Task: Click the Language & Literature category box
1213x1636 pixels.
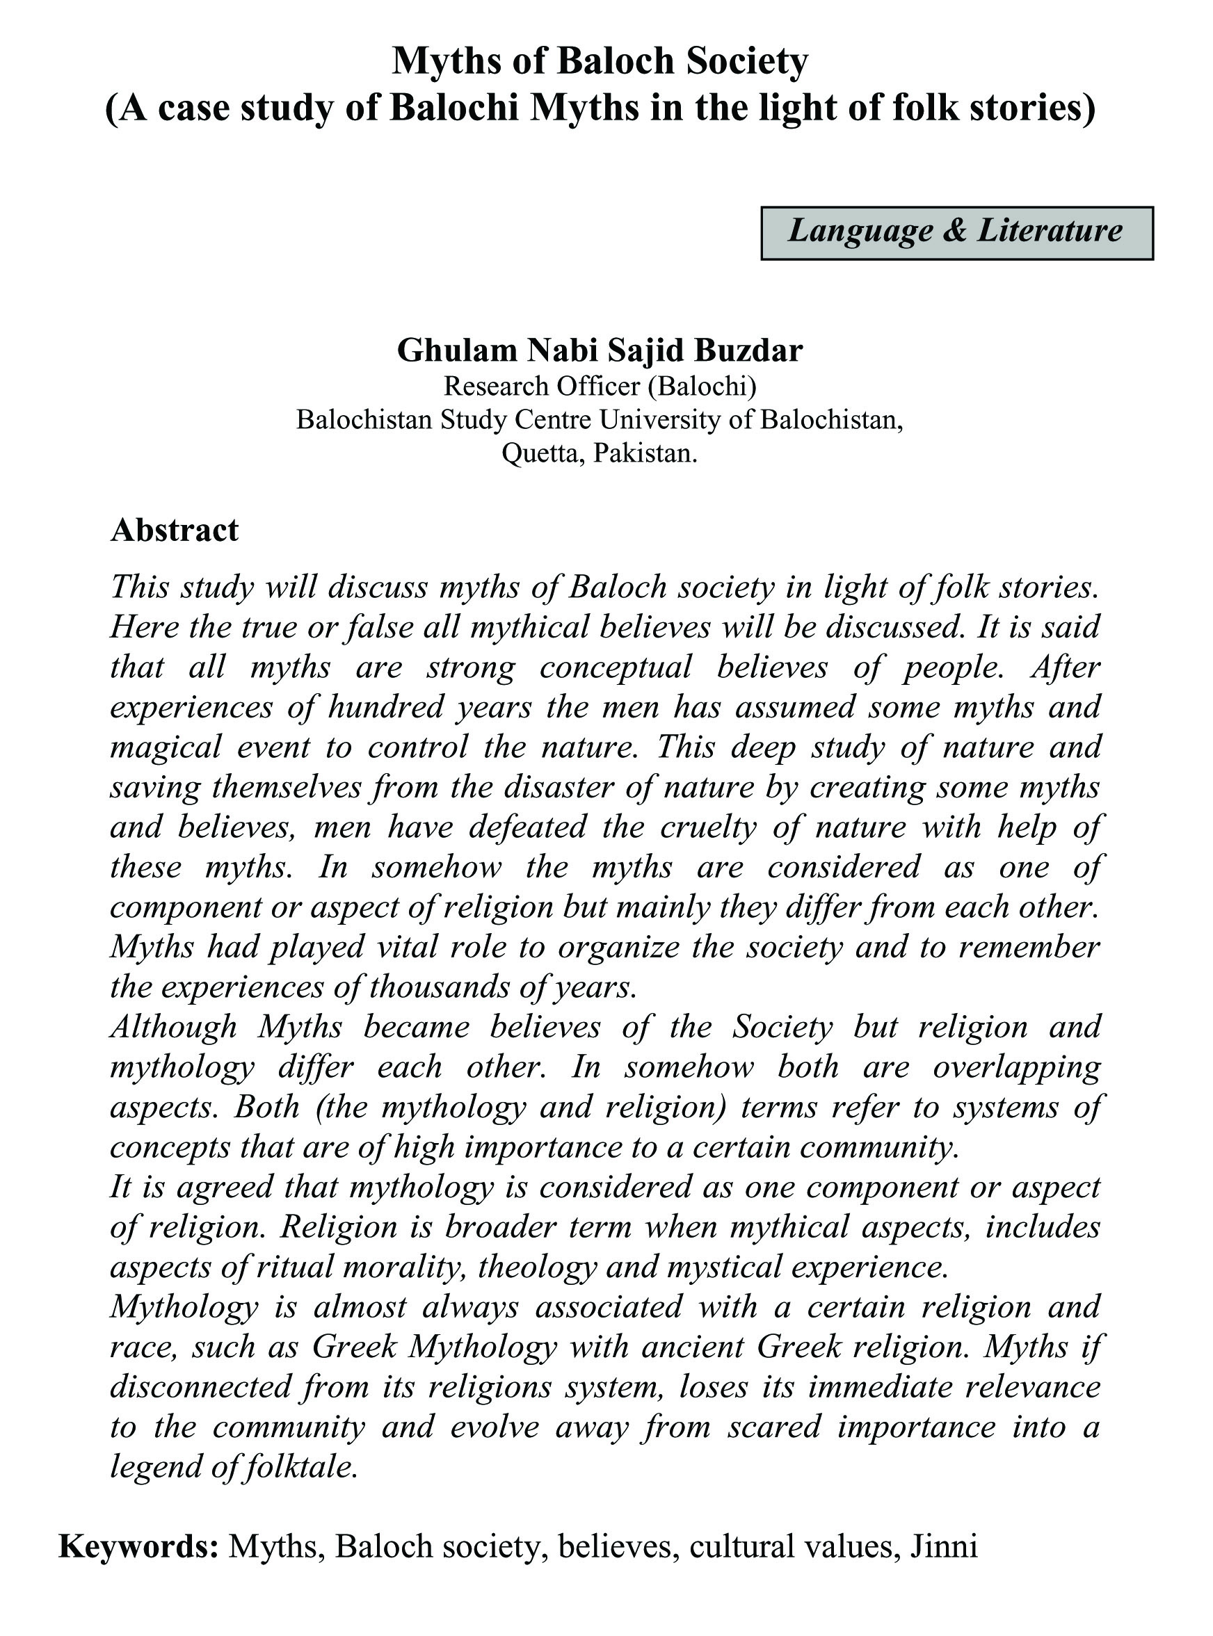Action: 956,233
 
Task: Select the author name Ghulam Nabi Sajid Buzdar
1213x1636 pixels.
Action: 599,350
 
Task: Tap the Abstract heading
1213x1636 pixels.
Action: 174,530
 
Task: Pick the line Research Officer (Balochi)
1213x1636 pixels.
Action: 599,385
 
